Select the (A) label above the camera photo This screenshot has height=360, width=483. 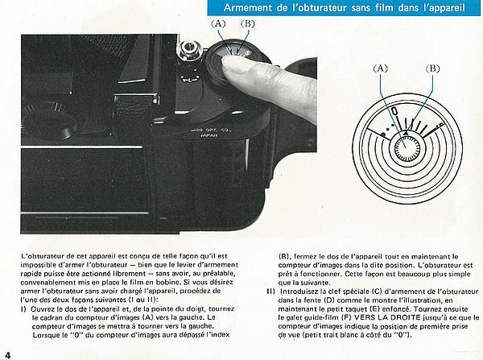pos(219,24)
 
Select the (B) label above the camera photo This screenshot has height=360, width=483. pos(247,24)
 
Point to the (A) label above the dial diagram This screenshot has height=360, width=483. pos(382,69)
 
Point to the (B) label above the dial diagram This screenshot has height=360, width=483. pos(432,69)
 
